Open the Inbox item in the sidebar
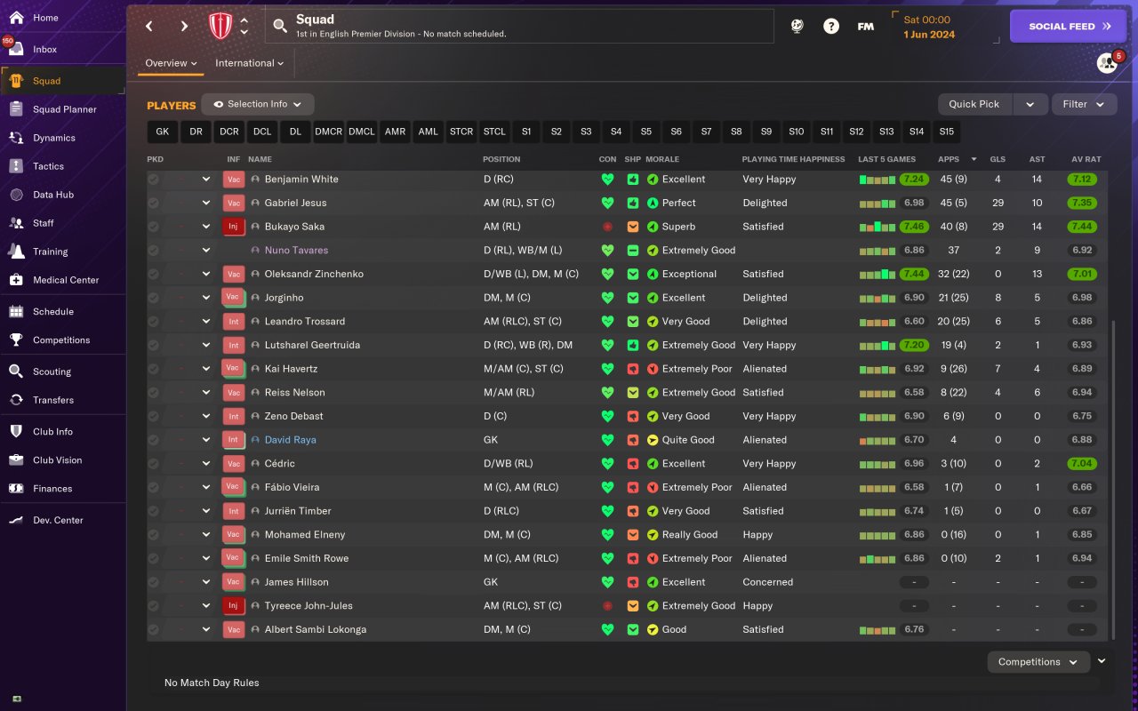tap(44, 50)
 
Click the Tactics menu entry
tap(48, 166)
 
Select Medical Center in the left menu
tap(66, 280)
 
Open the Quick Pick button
tap(974, 104)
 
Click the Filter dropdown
tap(1084, 104)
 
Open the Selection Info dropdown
tap(257, 104)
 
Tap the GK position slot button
tap(162, 132)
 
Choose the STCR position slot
tap(461, 132)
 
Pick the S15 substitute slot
tap(946, 132)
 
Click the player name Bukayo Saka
tap(293, 227)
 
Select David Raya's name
tap(290, 440)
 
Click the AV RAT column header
tap(1086, 159)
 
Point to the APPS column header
tap(949, 159)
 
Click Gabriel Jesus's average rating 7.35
tap(1082, 203)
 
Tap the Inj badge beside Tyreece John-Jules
tap(233, 606)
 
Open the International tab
tap(249, 63)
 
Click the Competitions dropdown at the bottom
tap(1038, 662)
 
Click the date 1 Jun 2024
tap(929, 35)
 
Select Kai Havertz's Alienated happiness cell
tap(765, 369)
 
